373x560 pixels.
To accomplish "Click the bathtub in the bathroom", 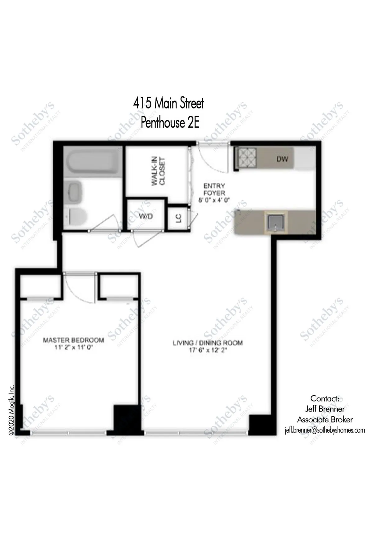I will (x=91, y=162).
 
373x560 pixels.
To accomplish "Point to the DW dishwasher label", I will (x=282, y=159).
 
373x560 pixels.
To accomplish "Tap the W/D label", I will (x=145, y=216).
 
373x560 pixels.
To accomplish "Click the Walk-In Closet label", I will (x=158, y=172).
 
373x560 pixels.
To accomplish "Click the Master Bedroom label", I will (x=73, y=340).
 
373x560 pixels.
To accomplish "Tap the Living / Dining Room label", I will (x=208, y=343).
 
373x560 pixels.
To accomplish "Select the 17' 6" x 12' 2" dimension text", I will (x=208, y=350).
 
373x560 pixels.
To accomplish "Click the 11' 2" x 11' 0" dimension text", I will (x=74, y=347).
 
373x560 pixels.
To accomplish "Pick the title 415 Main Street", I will (x=168, y=103).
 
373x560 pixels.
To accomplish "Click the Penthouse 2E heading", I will (x=170, y=122).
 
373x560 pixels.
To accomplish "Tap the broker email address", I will (x=325, y=430).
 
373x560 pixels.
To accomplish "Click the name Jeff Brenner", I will (x=325, y=409).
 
